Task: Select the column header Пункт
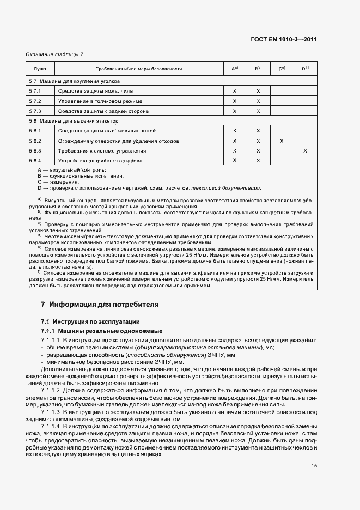pos(40,69)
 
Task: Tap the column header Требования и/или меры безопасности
pos(138,69)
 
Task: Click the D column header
pos(305,69)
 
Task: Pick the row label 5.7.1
pos(35,91)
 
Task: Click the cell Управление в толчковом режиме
pos(100,101)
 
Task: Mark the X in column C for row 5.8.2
pos(282,141)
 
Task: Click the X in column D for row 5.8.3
pos(305,150)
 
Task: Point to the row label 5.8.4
pos(35,161)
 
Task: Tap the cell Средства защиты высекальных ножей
pos(107,131)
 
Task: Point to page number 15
pos(314,465)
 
